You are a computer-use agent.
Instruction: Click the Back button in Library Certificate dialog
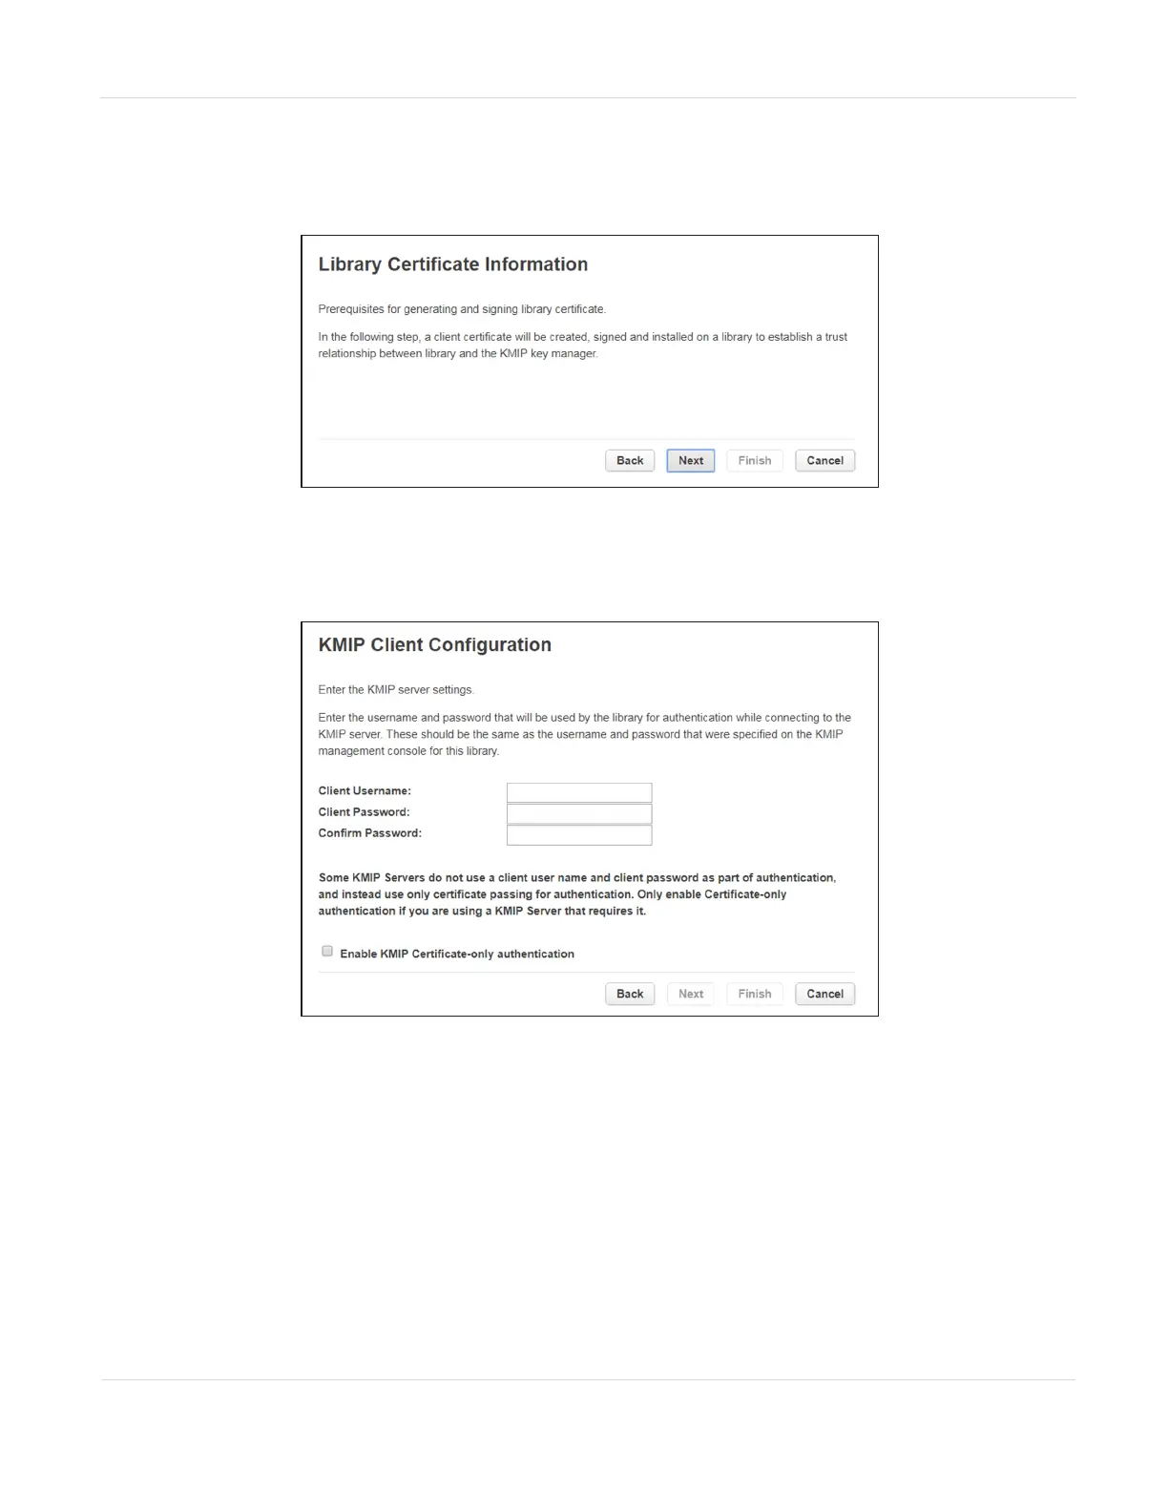point(630,461)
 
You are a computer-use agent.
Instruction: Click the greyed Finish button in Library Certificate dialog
point(754,461)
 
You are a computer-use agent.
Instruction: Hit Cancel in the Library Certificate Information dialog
point(824,461)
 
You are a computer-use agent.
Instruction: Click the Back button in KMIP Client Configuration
point(630,994)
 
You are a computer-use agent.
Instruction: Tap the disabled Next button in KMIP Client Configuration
point(691,994)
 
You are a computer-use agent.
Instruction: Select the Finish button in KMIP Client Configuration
point(754,994)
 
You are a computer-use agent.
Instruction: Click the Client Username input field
point(579,792)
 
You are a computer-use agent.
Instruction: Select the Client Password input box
point(579,813)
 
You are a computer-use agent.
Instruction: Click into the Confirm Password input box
point(579,835)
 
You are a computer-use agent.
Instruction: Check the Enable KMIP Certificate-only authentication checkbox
point(327,951)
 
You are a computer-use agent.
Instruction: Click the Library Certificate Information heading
point(452,264)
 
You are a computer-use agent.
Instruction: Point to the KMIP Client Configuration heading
point(434,645)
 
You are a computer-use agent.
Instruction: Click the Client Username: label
point(365,791)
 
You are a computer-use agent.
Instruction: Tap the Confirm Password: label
point(369,833)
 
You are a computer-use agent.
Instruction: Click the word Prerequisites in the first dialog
point(351,309)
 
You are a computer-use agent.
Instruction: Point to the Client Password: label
point(364,812)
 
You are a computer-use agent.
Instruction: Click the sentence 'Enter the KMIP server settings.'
point(396,690)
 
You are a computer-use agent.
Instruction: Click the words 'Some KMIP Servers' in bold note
point(371,878)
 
